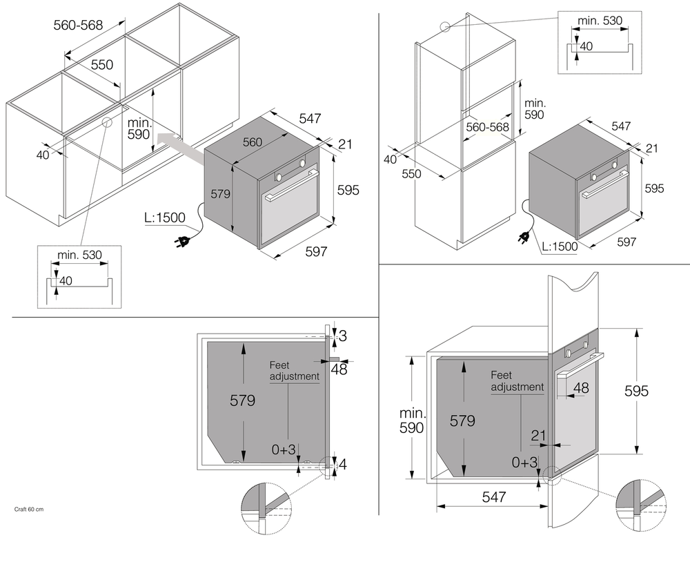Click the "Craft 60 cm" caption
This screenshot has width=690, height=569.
tap(29, 510)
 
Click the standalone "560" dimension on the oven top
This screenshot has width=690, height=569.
tap(253, 142)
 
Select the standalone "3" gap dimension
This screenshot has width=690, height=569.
tap(342, 336)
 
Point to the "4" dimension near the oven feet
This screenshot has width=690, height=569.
tap(343, 464)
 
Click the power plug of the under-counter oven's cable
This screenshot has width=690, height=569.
tap(183, 242)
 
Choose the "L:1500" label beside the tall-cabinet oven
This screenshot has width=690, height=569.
tap(560, 247)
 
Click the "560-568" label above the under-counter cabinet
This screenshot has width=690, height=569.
tap(78, 26)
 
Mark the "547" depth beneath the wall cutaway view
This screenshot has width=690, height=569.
tap(494, 496)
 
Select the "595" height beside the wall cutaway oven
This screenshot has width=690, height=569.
tap(636, 391)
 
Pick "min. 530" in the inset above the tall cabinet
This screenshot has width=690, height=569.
tap(600, 21)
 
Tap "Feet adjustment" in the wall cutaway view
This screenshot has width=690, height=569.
tap(517, 381)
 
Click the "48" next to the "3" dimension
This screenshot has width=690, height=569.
tap(339, 369)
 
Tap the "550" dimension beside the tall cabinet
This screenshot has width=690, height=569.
tap(411, 175)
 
